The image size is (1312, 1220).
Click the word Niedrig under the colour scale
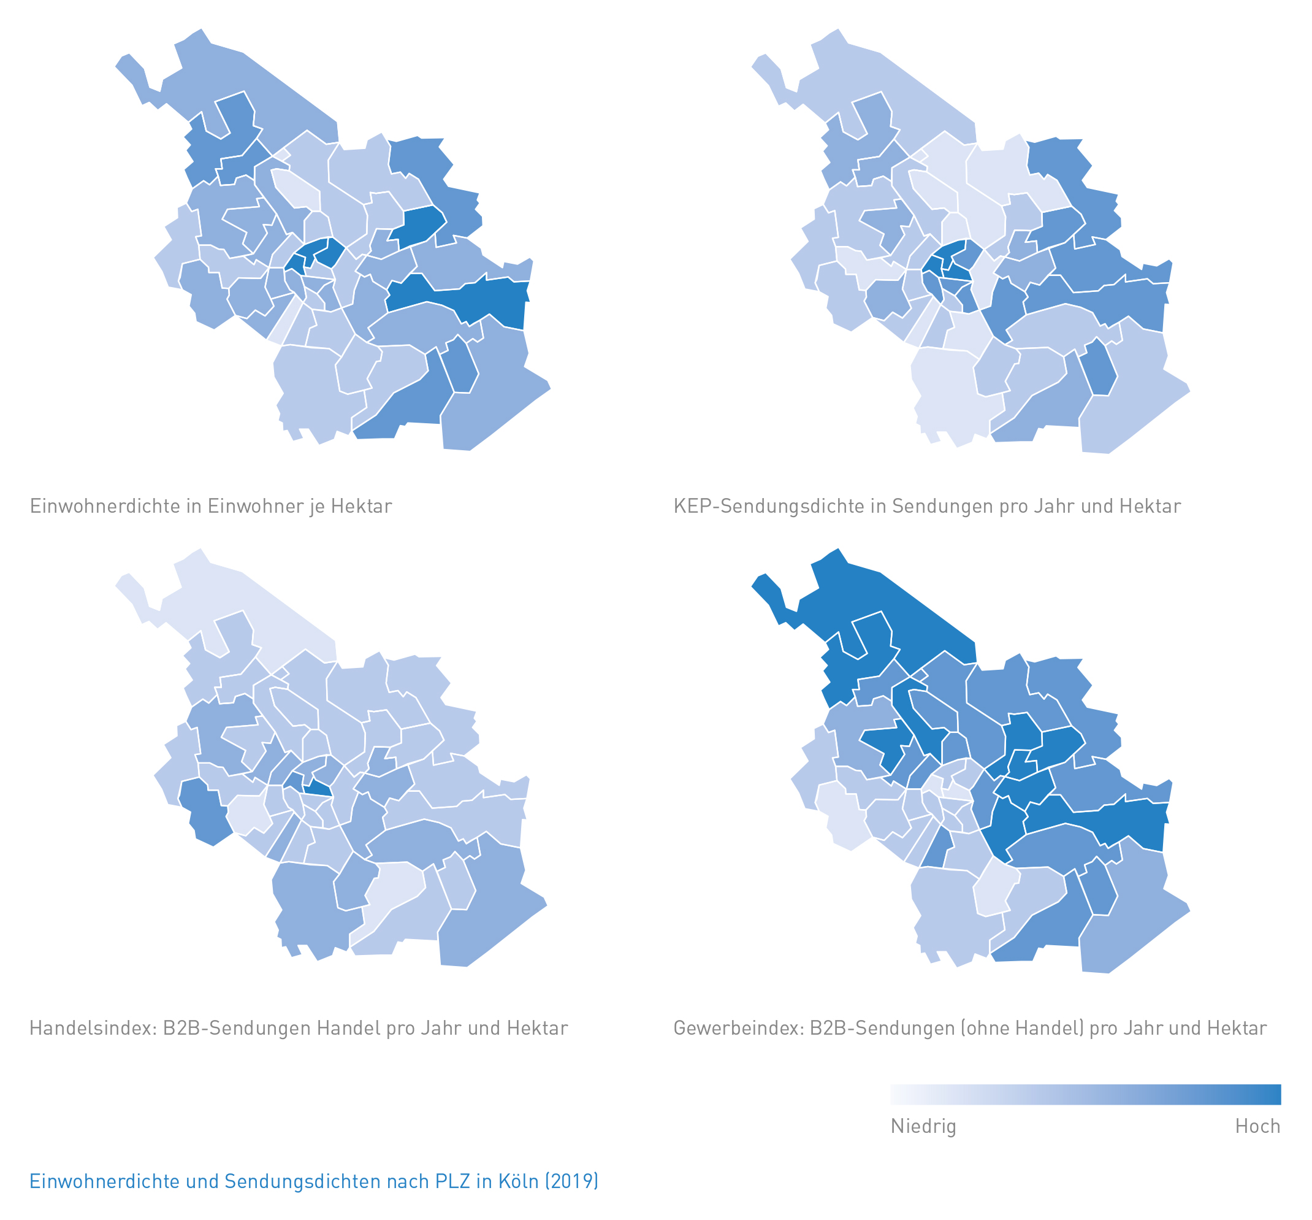point(923,1126)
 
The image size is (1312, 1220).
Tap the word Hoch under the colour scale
point(1257,1126)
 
